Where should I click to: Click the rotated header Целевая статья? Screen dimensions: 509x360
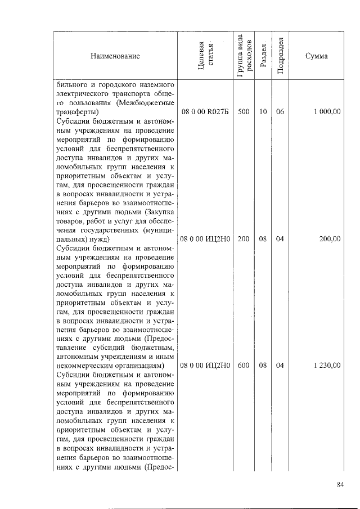click(205, 56)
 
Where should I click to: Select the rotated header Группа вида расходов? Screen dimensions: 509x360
click(244, 56)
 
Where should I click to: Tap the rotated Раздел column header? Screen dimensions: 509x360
click(263, 56)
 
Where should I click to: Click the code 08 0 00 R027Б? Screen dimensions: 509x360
click(205, 112)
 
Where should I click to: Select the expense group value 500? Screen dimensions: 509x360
click(244, 112)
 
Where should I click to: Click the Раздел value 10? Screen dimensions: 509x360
click(263, 112)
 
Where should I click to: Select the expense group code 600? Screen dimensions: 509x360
click(244, 365)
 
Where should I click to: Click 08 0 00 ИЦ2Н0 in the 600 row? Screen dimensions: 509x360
click(205, 365)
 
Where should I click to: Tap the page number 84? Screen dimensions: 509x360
click(340, 485)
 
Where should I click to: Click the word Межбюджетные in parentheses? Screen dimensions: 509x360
click(143, 103)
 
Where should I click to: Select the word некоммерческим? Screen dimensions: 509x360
click(83, 366)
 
